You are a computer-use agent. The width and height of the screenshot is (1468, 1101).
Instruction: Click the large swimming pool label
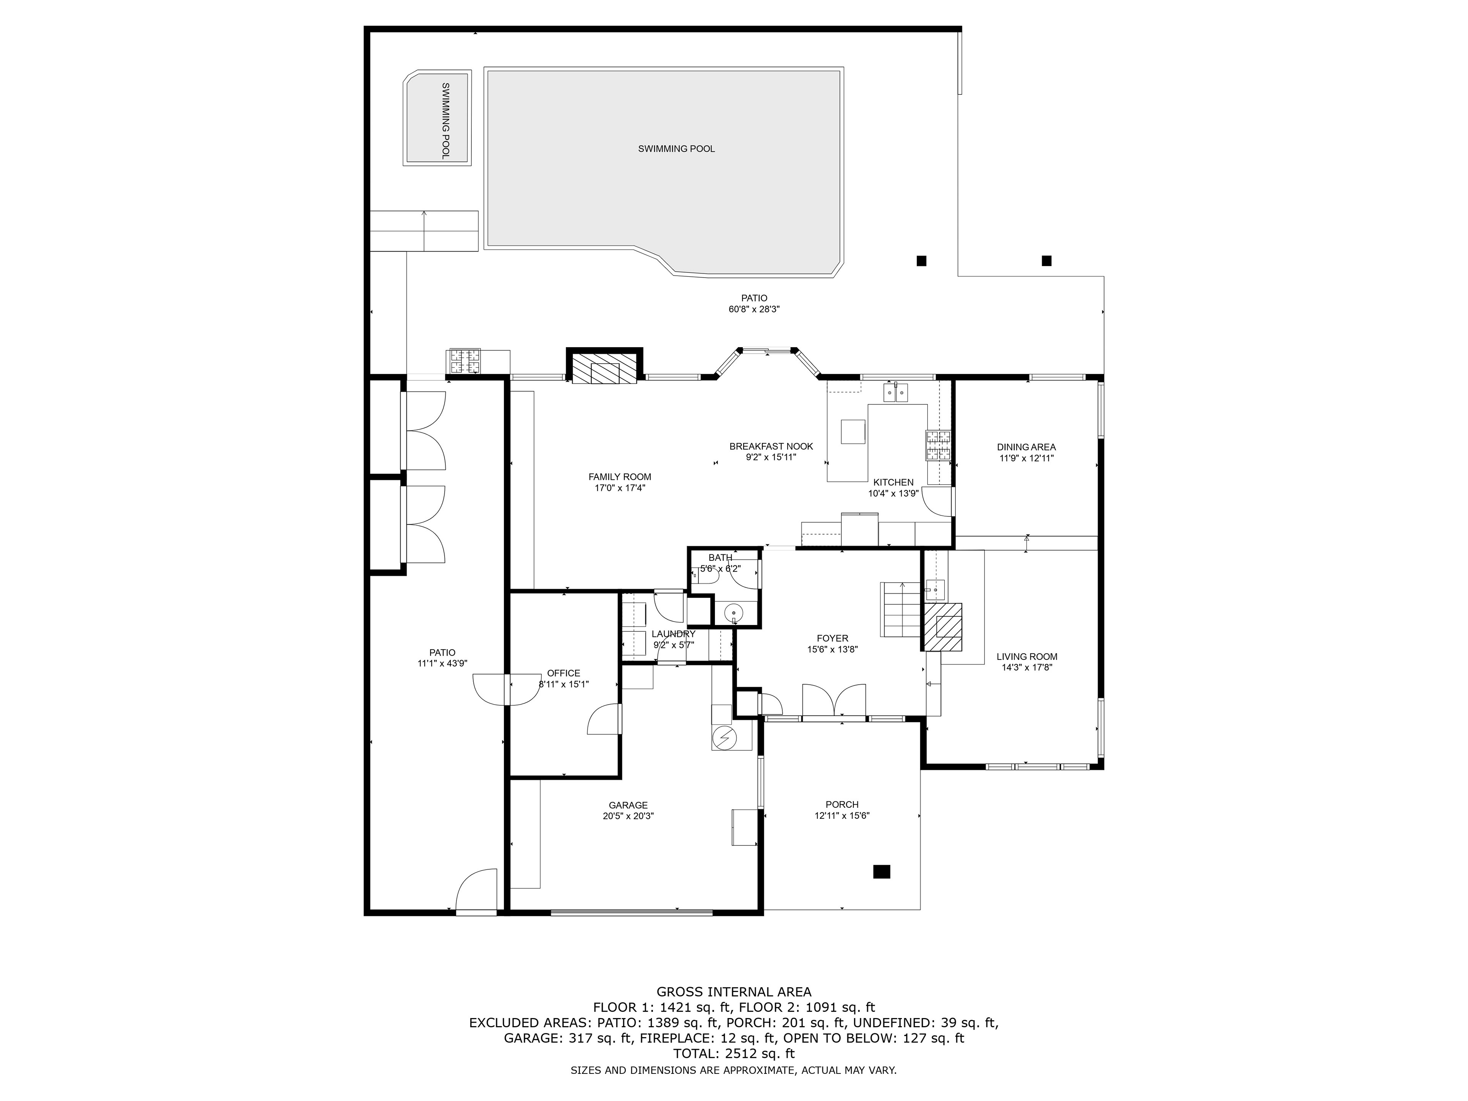coord(676,149)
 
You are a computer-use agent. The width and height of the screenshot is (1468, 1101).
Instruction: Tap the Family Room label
coord(620,476)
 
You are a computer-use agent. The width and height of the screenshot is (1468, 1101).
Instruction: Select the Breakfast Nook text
coord(771,447)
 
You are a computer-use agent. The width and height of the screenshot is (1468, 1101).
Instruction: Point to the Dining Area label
coord(1026,447)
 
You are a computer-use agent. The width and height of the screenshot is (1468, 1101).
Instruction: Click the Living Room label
coord(1027,656)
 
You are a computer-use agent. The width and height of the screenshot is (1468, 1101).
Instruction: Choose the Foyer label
coord(832,638)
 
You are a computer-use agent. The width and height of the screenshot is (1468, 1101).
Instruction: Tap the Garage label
coord(628,805)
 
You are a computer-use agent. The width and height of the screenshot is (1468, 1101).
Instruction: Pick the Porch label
coord(842,804)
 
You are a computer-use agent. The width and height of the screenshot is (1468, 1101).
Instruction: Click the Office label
coord(563,673)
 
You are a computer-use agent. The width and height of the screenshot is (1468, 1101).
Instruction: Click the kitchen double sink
coord(896,393)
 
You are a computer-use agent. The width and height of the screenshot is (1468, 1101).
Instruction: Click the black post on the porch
coord(881,871)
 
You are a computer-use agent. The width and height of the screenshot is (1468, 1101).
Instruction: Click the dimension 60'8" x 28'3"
coord(754,309)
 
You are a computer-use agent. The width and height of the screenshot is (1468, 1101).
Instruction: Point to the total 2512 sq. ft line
coord(734,1053)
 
